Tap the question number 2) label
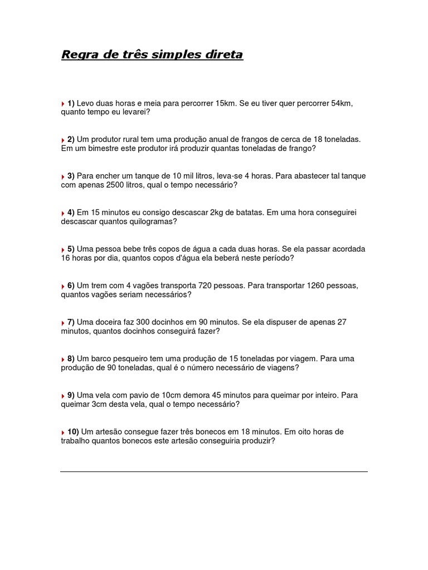(71, 139)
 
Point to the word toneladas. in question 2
(342, 139)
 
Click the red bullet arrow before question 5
(63, 249)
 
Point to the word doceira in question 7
(109, 322)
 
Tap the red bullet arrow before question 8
(63, 359)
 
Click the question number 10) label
(73, 431)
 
